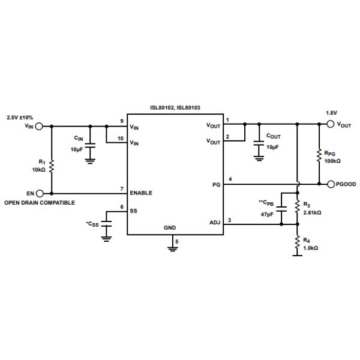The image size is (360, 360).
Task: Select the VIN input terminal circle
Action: pyautogui.click(x=40, y=126)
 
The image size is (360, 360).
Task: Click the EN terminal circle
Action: pyautogui.click(x=40, y=193)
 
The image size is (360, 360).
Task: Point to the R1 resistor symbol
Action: pyautogui.click(x=52, y=166)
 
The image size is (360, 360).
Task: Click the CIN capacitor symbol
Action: pyautogui.click(x=90, y=146)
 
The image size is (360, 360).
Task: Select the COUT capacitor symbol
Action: pyautogui.click(x=259, y=145)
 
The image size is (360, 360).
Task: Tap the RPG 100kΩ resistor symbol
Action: pyautogui.click(x=319, y=156)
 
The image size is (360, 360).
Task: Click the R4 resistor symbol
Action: pyautogui.click(x=298, y=242)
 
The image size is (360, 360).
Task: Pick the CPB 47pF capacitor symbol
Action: pyautogui.click(x=282, y=208)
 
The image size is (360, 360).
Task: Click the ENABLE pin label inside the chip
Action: pyautogui.click(x=141, y=193)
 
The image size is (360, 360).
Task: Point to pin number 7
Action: pyautogui.click(x=122, y=188)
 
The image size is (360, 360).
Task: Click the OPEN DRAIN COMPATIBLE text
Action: pyautogui.click(x=40, y=203)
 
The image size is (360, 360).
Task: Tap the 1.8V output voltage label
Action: pyautogui.click(x=331, y=113)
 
